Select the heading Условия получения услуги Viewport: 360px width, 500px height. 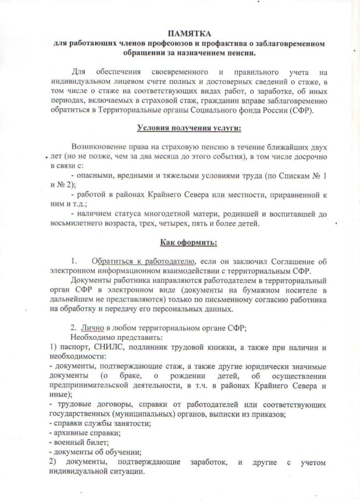182,128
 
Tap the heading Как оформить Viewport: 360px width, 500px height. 182,242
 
